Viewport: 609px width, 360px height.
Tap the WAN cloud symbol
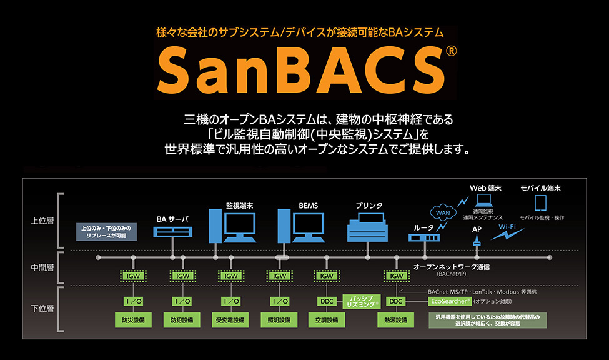tap(442, 212)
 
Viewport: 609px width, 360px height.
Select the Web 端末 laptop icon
tap(485, 201)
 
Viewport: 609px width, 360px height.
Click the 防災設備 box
tap(133, 320)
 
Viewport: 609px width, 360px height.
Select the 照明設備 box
tap(279, 320)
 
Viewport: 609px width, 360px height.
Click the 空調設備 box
tap(327, 320)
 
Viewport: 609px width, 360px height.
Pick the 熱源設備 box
tap(396, 320)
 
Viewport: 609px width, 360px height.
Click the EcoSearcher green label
tap(449, 301)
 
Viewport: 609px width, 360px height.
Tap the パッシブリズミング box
tap(362, 301)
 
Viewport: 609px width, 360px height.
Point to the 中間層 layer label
tap(42, 267)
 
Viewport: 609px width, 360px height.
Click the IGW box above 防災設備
tap(133, 276)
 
